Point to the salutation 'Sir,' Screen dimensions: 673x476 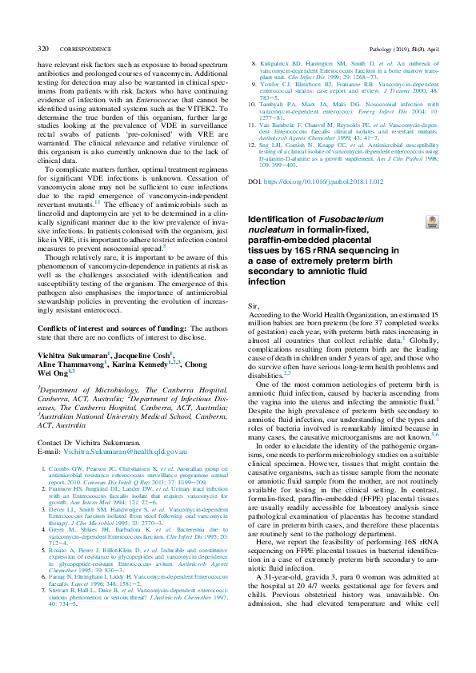[255, 306]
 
